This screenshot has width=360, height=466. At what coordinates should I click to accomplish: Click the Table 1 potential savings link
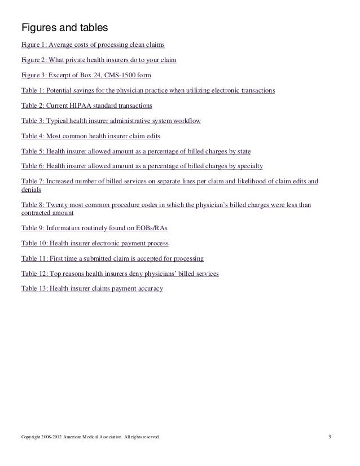click(148, 90)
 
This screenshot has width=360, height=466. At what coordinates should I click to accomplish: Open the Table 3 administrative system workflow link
click(111, 121)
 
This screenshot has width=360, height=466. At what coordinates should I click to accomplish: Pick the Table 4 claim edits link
click(94, 136)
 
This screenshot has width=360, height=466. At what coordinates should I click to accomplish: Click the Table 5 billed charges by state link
click(136, 151)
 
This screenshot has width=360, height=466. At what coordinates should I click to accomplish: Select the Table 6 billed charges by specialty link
click(142, 166)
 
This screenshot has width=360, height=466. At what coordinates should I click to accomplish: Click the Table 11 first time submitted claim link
click(112, 258)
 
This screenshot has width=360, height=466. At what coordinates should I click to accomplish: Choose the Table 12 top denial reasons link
click(120, 273)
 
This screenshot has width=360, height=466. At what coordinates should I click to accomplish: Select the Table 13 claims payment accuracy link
click(92, 288)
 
